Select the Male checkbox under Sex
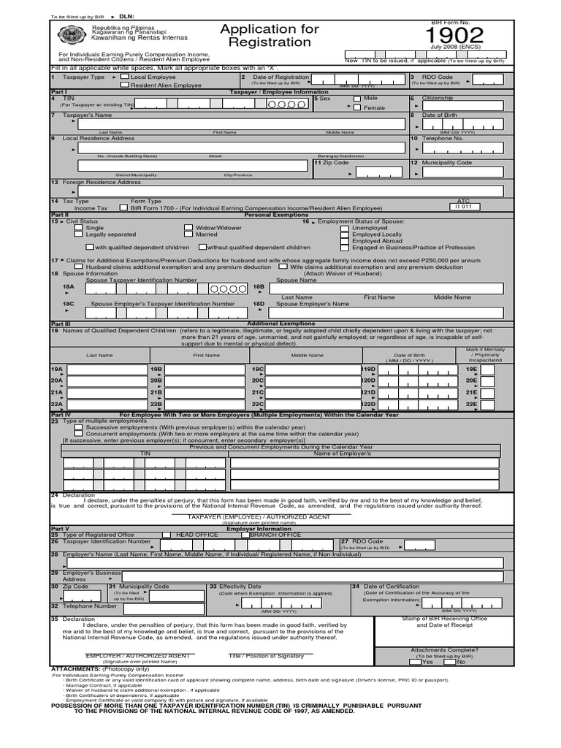click(356, 99)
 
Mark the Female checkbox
click(356, 108)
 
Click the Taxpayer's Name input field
click(241, 124)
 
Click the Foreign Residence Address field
click(292, 191)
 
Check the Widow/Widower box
click(188, 228)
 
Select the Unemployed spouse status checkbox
click(345, 228)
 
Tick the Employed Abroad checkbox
click(345, 241)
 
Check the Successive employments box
click(79, 427)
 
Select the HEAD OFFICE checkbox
click(167, 535)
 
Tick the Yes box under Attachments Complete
click(415, 662)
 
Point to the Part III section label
click(60, 323)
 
